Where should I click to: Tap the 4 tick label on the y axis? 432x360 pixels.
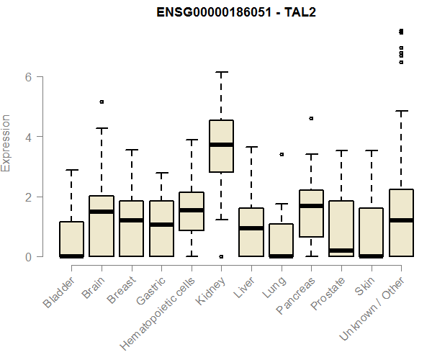pyautogui.click(x=28, y=137)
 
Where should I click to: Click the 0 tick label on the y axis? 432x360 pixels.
pyautogui.click(x=28, y=257)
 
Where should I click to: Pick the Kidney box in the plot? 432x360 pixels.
pyautogui.click(x=221, y=146)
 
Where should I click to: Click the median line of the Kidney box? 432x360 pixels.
pyautogui.click(x=221, y=145)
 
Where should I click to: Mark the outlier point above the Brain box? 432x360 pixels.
pyautogui.click(x=102, y=102)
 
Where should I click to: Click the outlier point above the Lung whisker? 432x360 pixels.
pyautogui.click(x=282, y=154)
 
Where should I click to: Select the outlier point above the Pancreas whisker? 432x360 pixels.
pyautogui.click(x=311, y=118)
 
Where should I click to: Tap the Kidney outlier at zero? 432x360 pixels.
pyautogui.click(x=221, y=256)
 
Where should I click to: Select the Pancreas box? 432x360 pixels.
pyautogui.click(x=311, y=213)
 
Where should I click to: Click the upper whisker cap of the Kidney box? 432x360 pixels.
pyautogui.click(x=221, y=72)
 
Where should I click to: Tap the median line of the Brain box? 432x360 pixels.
pyautogui.click(x=102, y=212)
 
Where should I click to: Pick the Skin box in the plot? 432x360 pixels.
pyautogui.click(x=371, y=232)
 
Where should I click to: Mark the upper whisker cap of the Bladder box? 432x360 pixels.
pyautogui.click(x=71, y=171)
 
